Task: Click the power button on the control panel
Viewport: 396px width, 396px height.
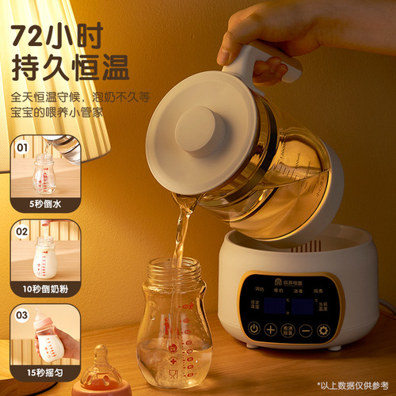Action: point(254,329)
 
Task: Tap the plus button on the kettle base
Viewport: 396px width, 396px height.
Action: point(271,329)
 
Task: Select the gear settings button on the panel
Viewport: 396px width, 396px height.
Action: point(323,329)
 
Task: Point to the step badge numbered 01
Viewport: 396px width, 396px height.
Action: point(22,147)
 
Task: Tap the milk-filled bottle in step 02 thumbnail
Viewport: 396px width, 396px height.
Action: point(44,257)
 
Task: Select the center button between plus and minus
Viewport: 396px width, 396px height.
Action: point(288,329)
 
